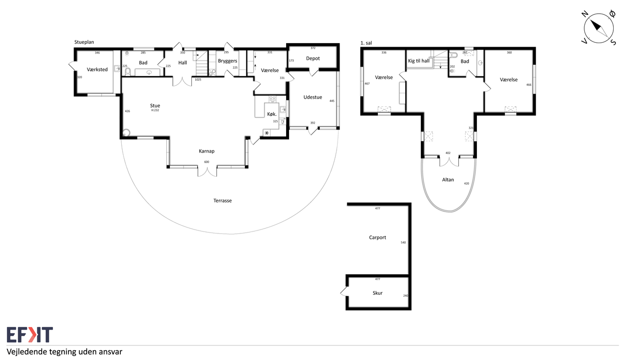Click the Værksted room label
point(97,70)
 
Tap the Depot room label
point(313,58)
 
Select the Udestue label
point(313,97)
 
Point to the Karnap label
point(207,152)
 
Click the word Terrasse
point(222,201)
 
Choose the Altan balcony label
point(448,180)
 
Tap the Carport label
point(377,237)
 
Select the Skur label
point(377,293)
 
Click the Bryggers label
point(227,61)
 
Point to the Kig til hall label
point(419,61)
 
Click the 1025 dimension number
point(198,79)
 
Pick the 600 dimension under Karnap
point(207,162)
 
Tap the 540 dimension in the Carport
point(403,242)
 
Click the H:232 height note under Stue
point(155,110)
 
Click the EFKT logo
point(30,334)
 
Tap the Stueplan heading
point(84,42)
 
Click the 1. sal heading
point(366,43)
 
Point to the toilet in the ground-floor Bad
point(128,72)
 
